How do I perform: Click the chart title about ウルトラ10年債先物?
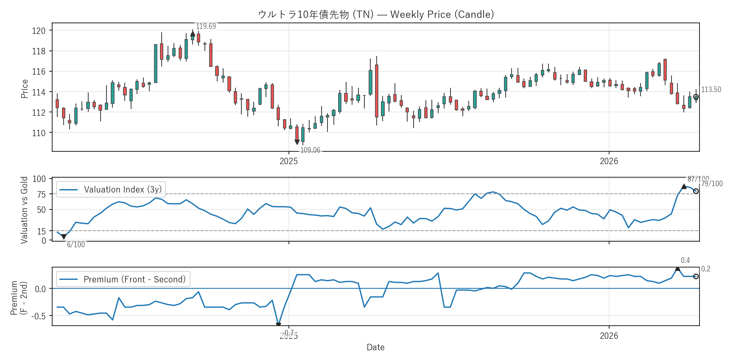pyautogui.click(x=376, y=14)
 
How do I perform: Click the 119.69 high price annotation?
pyautogui.click(x=206, y=26)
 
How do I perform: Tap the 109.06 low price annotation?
pyautogui.click(x=310, y=150)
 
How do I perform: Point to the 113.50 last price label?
pyautogui.click(x=711, y=89)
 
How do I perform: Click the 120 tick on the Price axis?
pyautogui.click(x=39, y=31)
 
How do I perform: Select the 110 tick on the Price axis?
pyautogui.click(x=39, y=133)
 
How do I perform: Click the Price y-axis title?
pyautogui.click(x=25, y=89)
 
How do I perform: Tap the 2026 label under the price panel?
pyautogui.click(x=609, y=161)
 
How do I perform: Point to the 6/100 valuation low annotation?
pyautogui.click(x=76, y=245)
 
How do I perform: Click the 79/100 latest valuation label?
pyautogui.click(x=712, y=184)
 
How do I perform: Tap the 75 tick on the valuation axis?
pyautogui.click(x=41, y=194)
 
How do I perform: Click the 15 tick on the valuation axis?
pyautogui.click(x=41, y=231)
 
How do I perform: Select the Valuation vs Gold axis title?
pyautogui.click(x=24, y=210)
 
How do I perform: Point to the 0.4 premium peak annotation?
pyautogui.click(x=685, y=260)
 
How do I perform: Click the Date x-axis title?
pyautogui.click(x=375, y=347)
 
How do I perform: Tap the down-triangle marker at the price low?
pyautogui.click(x=297, y=142)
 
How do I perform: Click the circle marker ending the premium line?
pyautogui.click(x=696, y=276)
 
